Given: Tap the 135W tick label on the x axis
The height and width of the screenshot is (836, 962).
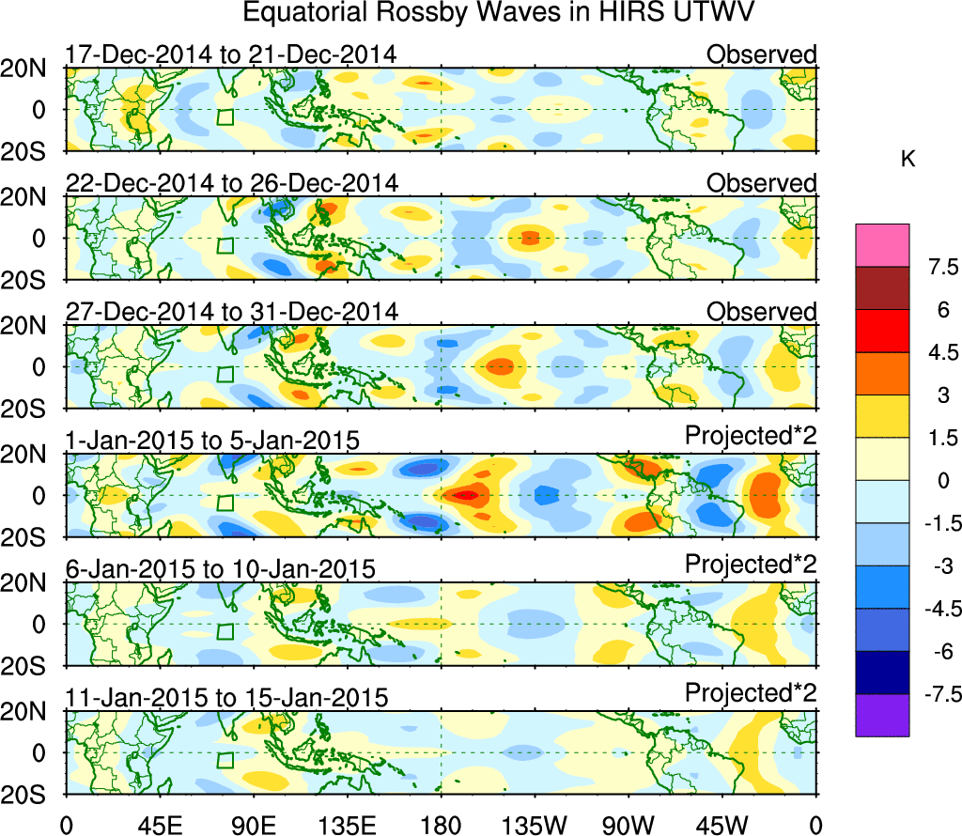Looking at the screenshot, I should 535,824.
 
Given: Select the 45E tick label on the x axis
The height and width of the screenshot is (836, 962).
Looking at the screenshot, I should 159,824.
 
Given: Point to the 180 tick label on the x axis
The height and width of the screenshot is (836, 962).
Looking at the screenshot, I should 441,824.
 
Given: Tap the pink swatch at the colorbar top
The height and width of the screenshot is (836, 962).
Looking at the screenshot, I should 882,245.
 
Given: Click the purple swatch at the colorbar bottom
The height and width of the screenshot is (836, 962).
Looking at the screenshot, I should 882,715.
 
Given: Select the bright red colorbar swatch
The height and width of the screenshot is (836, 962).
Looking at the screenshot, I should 882,331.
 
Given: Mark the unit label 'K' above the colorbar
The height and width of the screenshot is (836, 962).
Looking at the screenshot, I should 908,161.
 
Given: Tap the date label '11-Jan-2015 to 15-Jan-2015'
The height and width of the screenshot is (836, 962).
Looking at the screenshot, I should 226,698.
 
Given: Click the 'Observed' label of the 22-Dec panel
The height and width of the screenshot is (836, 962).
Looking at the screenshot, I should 761,183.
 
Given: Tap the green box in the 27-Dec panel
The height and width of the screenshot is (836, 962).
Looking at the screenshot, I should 225,373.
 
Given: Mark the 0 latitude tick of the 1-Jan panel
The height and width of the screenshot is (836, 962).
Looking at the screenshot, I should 40,495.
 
